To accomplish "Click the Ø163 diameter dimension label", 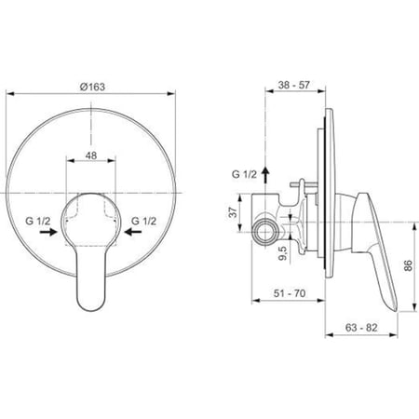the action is [92, 87].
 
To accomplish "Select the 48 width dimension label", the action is [91, 155].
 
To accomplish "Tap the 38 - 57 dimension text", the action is [294, 85].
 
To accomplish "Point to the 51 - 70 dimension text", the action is [290, 293].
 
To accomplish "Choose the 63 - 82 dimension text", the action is [361, 328].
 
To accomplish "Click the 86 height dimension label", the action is [408, 265].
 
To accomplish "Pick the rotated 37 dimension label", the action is [233, 212].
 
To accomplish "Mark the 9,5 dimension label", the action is [283, 253].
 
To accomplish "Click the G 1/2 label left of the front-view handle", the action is [38, 222].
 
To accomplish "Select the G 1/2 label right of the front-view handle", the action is [143, 221].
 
